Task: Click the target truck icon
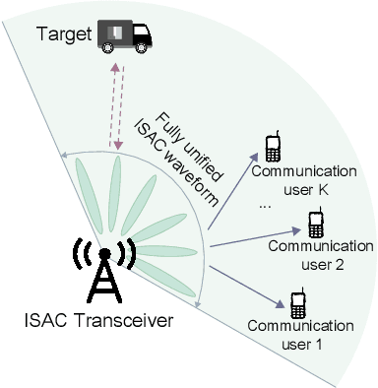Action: point(126,37)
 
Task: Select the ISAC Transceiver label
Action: point(98,320)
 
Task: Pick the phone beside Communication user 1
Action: point(296,300)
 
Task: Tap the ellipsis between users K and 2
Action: point(265,207)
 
